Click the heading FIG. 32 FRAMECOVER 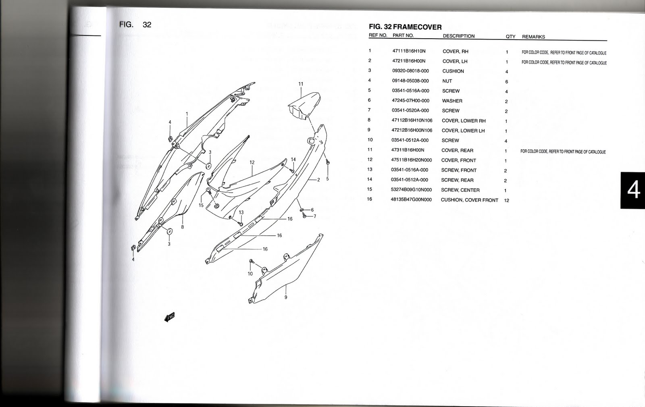[405, 27]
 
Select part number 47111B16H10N [408, 51]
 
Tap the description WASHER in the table [452, 101]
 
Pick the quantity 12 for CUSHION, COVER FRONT [506, 200]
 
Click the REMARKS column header [533, 37]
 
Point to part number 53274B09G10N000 [411, 190]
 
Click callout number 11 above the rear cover [301, 84]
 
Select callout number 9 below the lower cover [286, 297]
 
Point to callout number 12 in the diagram [252, 162]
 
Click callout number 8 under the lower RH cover [182, 227]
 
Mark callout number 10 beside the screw [250, 274]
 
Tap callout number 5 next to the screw [327, 179]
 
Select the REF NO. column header [378, 35]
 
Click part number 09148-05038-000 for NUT [410, 81]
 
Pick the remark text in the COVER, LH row [564, 63]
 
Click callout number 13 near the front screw [241, 212]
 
